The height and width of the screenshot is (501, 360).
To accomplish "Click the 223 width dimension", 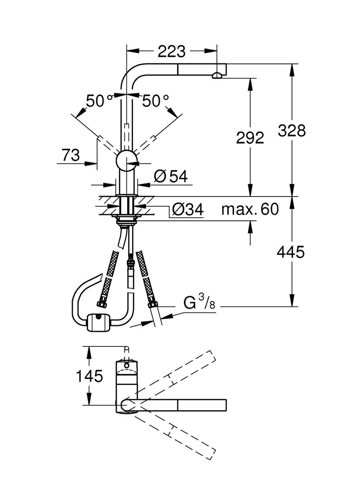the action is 171,51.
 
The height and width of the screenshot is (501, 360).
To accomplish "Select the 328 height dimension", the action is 292,130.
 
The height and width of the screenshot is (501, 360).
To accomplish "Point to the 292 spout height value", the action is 250,137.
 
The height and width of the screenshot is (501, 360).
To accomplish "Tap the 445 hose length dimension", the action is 290,252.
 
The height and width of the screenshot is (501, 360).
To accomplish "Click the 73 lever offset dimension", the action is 71,155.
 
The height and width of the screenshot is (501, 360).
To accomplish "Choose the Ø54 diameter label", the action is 171,176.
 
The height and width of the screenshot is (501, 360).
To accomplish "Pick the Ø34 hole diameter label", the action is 188,209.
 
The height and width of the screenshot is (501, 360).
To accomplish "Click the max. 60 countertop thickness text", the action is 250,209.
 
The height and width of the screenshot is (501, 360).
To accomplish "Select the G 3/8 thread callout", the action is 199,302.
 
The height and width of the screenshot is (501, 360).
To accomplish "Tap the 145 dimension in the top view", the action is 90,375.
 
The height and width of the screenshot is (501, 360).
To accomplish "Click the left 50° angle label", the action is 99,101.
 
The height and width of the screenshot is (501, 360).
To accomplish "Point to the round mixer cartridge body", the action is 126,160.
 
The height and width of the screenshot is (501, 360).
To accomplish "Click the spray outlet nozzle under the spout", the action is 217,76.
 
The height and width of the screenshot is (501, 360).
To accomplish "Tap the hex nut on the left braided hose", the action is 101,303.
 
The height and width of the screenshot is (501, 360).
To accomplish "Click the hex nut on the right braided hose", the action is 153,304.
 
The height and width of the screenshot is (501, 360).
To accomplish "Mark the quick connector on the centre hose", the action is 131,267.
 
